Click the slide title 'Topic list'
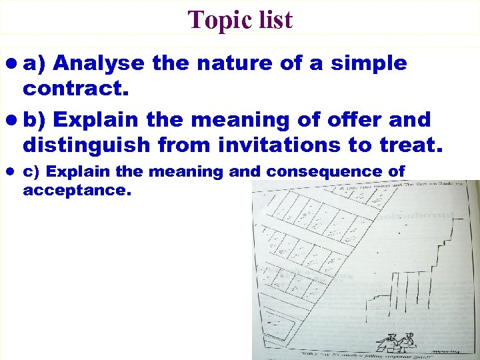[x=240, y=19]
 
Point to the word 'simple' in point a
[x=371, y=64]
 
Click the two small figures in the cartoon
[x=395, y=341]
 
